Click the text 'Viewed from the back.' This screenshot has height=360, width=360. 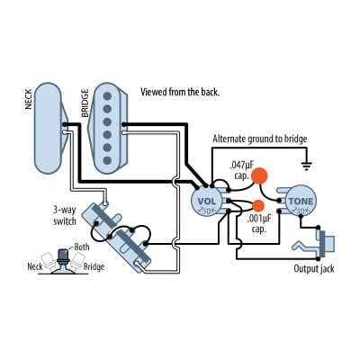click(x=180, y=92)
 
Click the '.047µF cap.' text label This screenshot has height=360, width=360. click(x=246, y=169)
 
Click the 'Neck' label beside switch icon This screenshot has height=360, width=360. click(x=35, y=267)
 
